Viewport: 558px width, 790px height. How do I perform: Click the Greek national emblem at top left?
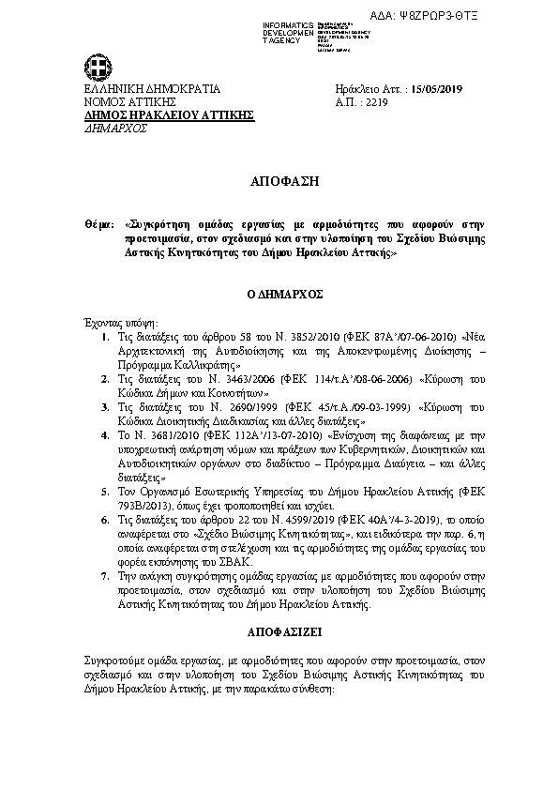[97, 68]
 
